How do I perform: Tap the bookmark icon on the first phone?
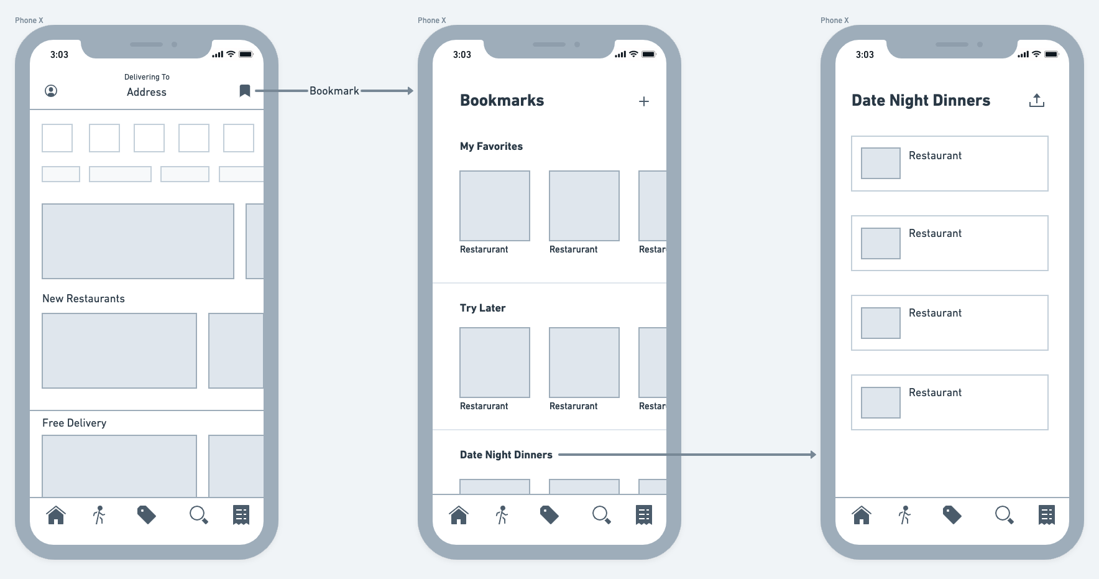[x=245, y=91]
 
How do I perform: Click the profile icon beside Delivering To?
[x=51, y=91]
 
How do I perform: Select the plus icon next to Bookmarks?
[x=644, y=101]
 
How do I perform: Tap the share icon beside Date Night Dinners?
[x=1036, y=100]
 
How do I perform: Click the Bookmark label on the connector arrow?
[x=334, y=91]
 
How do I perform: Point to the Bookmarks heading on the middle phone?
[x=502, y=101]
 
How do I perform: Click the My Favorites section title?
[x=491, y=146]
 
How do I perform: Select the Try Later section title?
[x=482, y=308]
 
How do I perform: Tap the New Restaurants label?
[x=83, y=299]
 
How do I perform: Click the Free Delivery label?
[x=74, y=423]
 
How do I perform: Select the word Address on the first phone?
[x=147, y=92]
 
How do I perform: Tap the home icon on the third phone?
[x=862, y=515]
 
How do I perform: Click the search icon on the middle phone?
[x=601, y=515]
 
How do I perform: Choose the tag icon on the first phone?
[x=146, y=515]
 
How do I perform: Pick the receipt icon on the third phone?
[x=1047, y=515]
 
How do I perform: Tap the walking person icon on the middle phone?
[x=502, y=515]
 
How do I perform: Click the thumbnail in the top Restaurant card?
[x=880, y=163]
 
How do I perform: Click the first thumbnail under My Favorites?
[x=495, y=206]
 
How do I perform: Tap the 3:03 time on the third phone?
[x=865, y=55]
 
